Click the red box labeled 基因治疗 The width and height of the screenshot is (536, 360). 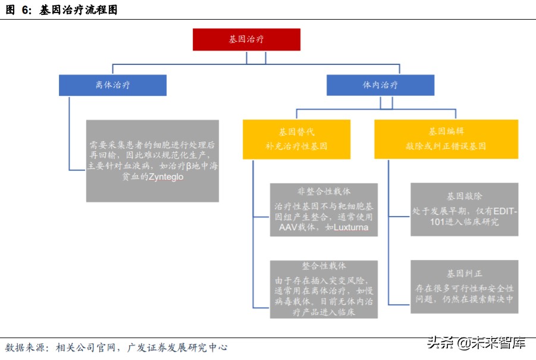click(246, 39)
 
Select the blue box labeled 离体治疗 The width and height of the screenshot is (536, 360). click(112, 85)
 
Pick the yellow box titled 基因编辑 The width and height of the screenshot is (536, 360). click(446, 139)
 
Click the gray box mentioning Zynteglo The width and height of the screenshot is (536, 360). click(152, 161)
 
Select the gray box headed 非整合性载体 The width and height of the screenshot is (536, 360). click(324, 209)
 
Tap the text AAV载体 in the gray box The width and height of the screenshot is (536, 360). click(293, 227)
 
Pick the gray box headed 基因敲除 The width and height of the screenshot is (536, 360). click(464, 209)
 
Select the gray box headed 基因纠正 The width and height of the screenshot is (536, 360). click(464, 286)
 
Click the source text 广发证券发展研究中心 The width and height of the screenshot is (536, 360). click(177, 347)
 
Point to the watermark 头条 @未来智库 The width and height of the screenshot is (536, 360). click(477, 343)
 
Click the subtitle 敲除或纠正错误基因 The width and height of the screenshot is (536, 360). click(446, 146)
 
